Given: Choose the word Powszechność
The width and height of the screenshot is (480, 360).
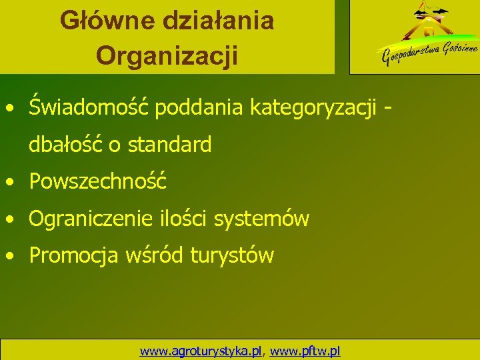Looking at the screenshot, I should click(x=98, y=181).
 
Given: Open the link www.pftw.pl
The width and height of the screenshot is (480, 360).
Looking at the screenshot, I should click(x=306, y=350).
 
